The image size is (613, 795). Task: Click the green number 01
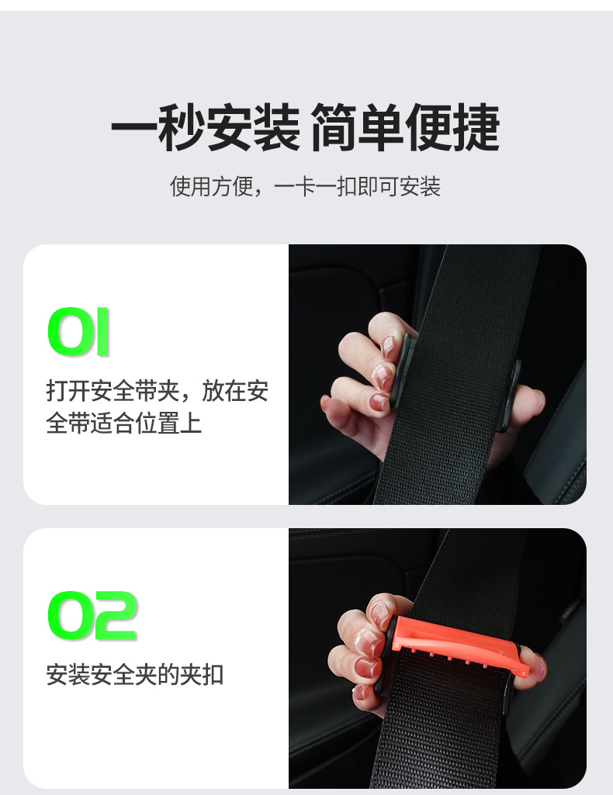click(x=78, y=333)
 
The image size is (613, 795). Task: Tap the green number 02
click(x=92, y=617)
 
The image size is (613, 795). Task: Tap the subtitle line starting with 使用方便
click(x=306, y=187)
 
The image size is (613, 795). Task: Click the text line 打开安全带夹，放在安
click(x=157, y=391)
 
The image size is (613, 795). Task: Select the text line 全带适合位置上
click(x=124, y=423)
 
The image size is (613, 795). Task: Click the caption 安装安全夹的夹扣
click(x=135, y=674)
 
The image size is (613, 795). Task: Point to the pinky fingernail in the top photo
click(x=379, y=402)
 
